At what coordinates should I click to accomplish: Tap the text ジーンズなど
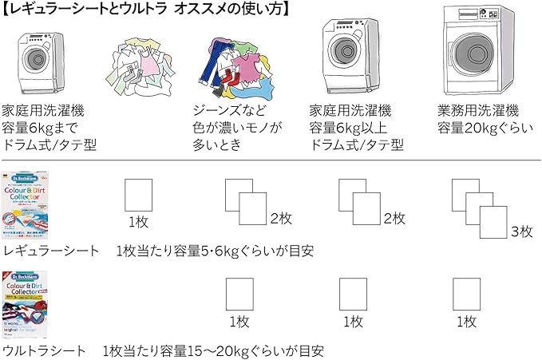227,110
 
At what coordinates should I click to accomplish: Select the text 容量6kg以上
349,128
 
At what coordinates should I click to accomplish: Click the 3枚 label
520,231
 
